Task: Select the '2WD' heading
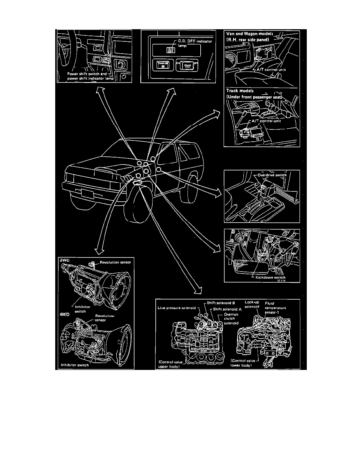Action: click(x=64, y=261)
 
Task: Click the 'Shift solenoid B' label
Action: click(x=221, y=303)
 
